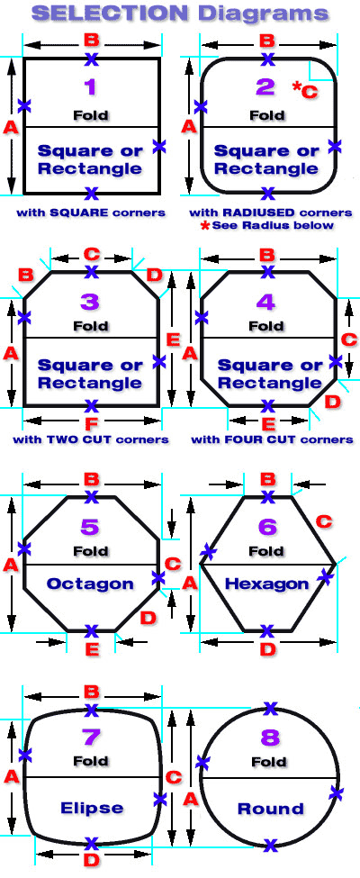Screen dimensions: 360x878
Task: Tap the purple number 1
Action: tap(91, 87)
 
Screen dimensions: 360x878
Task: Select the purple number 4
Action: tap(265, 302)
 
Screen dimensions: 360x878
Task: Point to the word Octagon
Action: tap(90, 584)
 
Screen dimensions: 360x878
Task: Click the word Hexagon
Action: tap(266, 584)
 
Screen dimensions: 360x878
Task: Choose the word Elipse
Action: tap(92, 808)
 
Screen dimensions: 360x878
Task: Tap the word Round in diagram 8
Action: tap(270, 809)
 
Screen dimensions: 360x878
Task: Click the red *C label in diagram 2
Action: tap(305, 89)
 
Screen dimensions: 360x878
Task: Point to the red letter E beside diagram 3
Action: tap(174, 339)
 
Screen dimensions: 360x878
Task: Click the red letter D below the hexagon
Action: tap(268, 650)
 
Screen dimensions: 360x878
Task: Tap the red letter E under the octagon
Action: tap(92, 649)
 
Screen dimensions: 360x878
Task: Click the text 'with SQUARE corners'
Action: tap(91, 213)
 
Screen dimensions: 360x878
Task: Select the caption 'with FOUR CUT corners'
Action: tap(272, 439)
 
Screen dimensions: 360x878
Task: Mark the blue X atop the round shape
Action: tap(270, 709)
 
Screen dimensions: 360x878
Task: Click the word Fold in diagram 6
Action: tap(266, 551)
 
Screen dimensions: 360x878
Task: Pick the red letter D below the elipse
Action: tap(91, 860)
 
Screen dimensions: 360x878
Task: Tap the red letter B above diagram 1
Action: tap(91, 41)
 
